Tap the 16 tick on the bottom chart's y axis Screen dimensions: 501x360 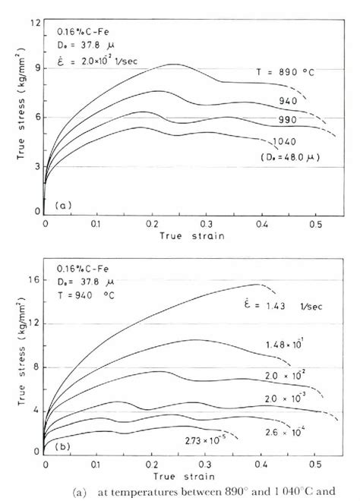coord(33,282)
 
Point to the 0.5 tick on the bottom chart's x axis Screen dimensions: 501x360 coord(313,463)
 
